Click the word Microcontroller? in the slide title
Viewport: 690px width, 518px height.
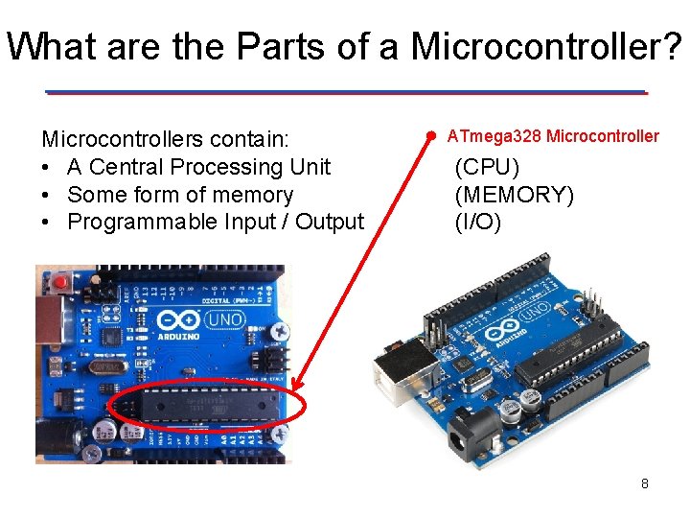pyautogui.click(x=547, y=47)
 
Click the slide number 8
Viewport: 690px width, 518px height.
pyautogui.click(x=645, y=483)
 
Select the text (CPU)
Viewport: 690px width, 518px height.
pyautogui.click(x=487, y=167)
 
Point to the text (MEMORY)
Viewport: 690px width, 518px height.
pyautogui.click(x=515, y=196)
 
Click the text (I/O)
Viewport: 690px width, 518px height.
pyautogui.click(x=477, y=223)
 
